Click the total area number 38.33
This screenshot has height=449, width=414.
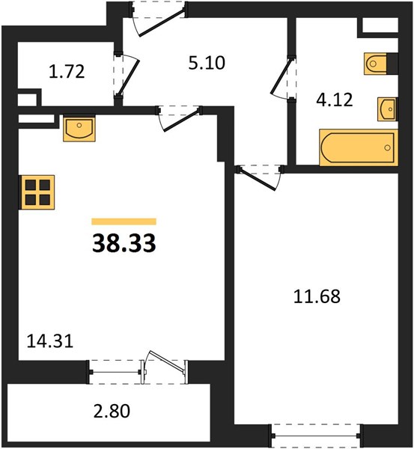point(124,243)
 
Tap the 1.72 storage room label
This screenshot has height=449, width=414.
point(67,72)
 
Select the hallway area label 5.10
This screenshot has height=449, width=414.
point(207,63)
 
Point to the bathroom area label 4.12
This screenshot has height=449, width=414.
point(335,100)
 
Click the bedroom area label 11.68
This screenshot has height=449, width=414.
point(317,296)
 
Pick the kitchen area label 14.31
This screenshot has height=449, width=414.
point(50,341)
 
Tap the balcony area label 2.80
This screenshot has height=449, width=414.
point(112,411)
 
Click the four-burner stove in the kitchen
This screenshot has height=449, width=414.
point(37,192)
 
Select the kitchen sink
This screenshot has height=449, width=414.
point(79,128)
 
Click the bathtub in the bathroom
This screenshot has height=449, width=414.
point(359,147)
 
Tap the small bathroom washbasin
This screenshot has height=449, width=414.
point(387,109)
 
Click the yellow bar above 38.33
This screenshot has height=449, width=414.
point(124,222)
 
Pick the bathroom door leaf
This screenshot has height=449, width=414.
point(281,76)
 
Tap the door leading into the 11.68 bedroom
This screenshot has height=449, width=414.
point(258,180)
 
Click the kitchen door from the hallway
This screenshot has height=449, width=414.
point(181,120)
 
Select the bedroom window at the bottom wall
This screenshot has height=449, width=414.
point(316,436)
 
